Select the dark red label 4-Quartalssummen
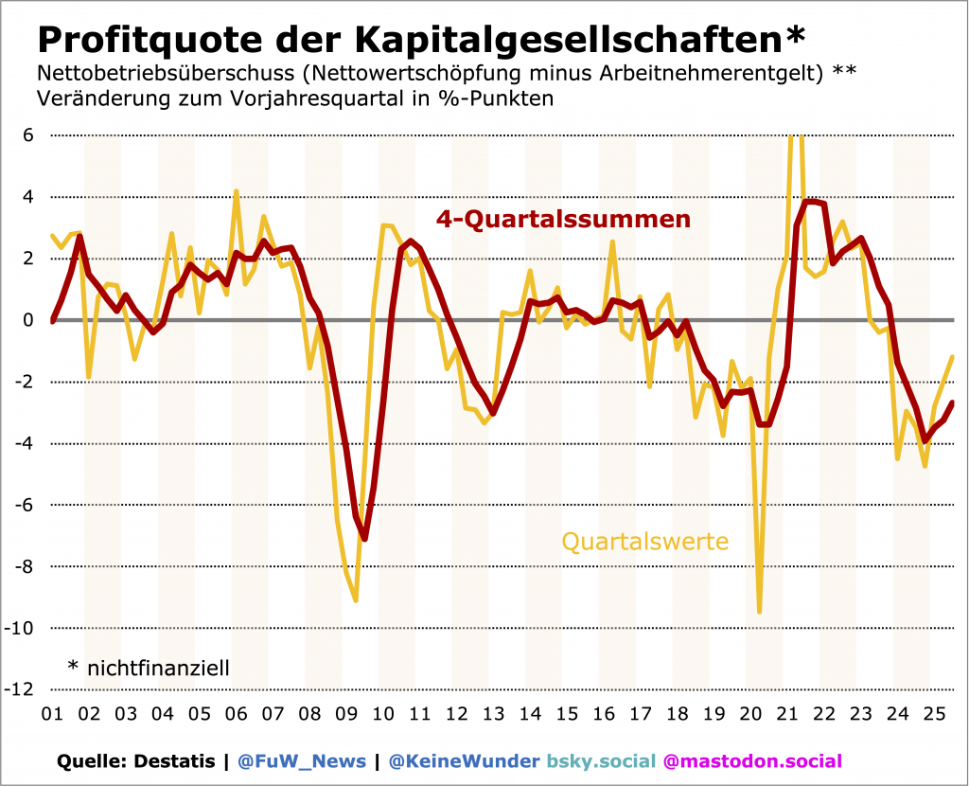[x=563, y=220]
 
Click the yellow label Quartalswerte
[x=645, y=542]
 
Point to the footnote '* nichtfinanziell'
[x=149, y=668]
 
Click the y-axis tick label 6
[x=27, y=135]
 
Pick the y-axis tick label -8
[x=24, y=566]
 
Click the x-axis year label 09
[x=345, y=714]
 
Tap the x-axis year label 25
[x=932, y=714]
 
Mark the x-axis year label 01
[x=52, y=714]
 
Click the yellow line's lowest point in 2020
[x=759, y=612]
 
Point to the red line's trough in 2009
[x=364, y=539]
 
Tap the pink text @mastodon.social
[x=751, y=761]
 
